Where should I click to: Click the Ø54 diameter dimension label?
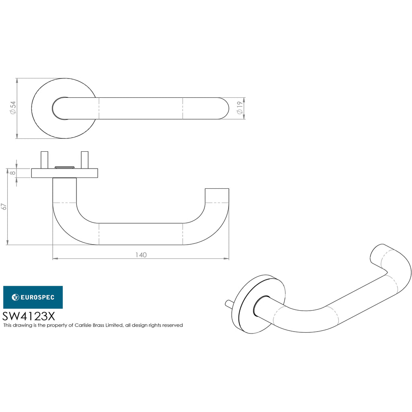pos(13,108)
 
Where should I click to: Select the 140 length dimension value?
pos(141,255)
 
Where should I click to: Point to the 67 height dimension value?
pos(4,207)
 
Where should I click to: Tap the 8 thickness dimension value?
pos(13,173)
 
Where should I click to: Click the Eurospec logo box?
pos(33,297)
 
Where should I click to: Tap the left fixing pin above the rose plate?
pos(44,160)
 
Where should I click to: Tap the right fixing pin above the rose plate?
pos(84,160)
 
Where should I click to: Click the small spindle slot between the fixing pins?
pos(64,166)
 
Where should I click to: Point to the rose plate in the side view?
pos(64,173)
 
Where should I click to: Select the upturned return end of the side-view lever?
pos(217,197)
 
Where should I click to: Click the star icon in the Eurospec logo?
pos(15,297)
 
